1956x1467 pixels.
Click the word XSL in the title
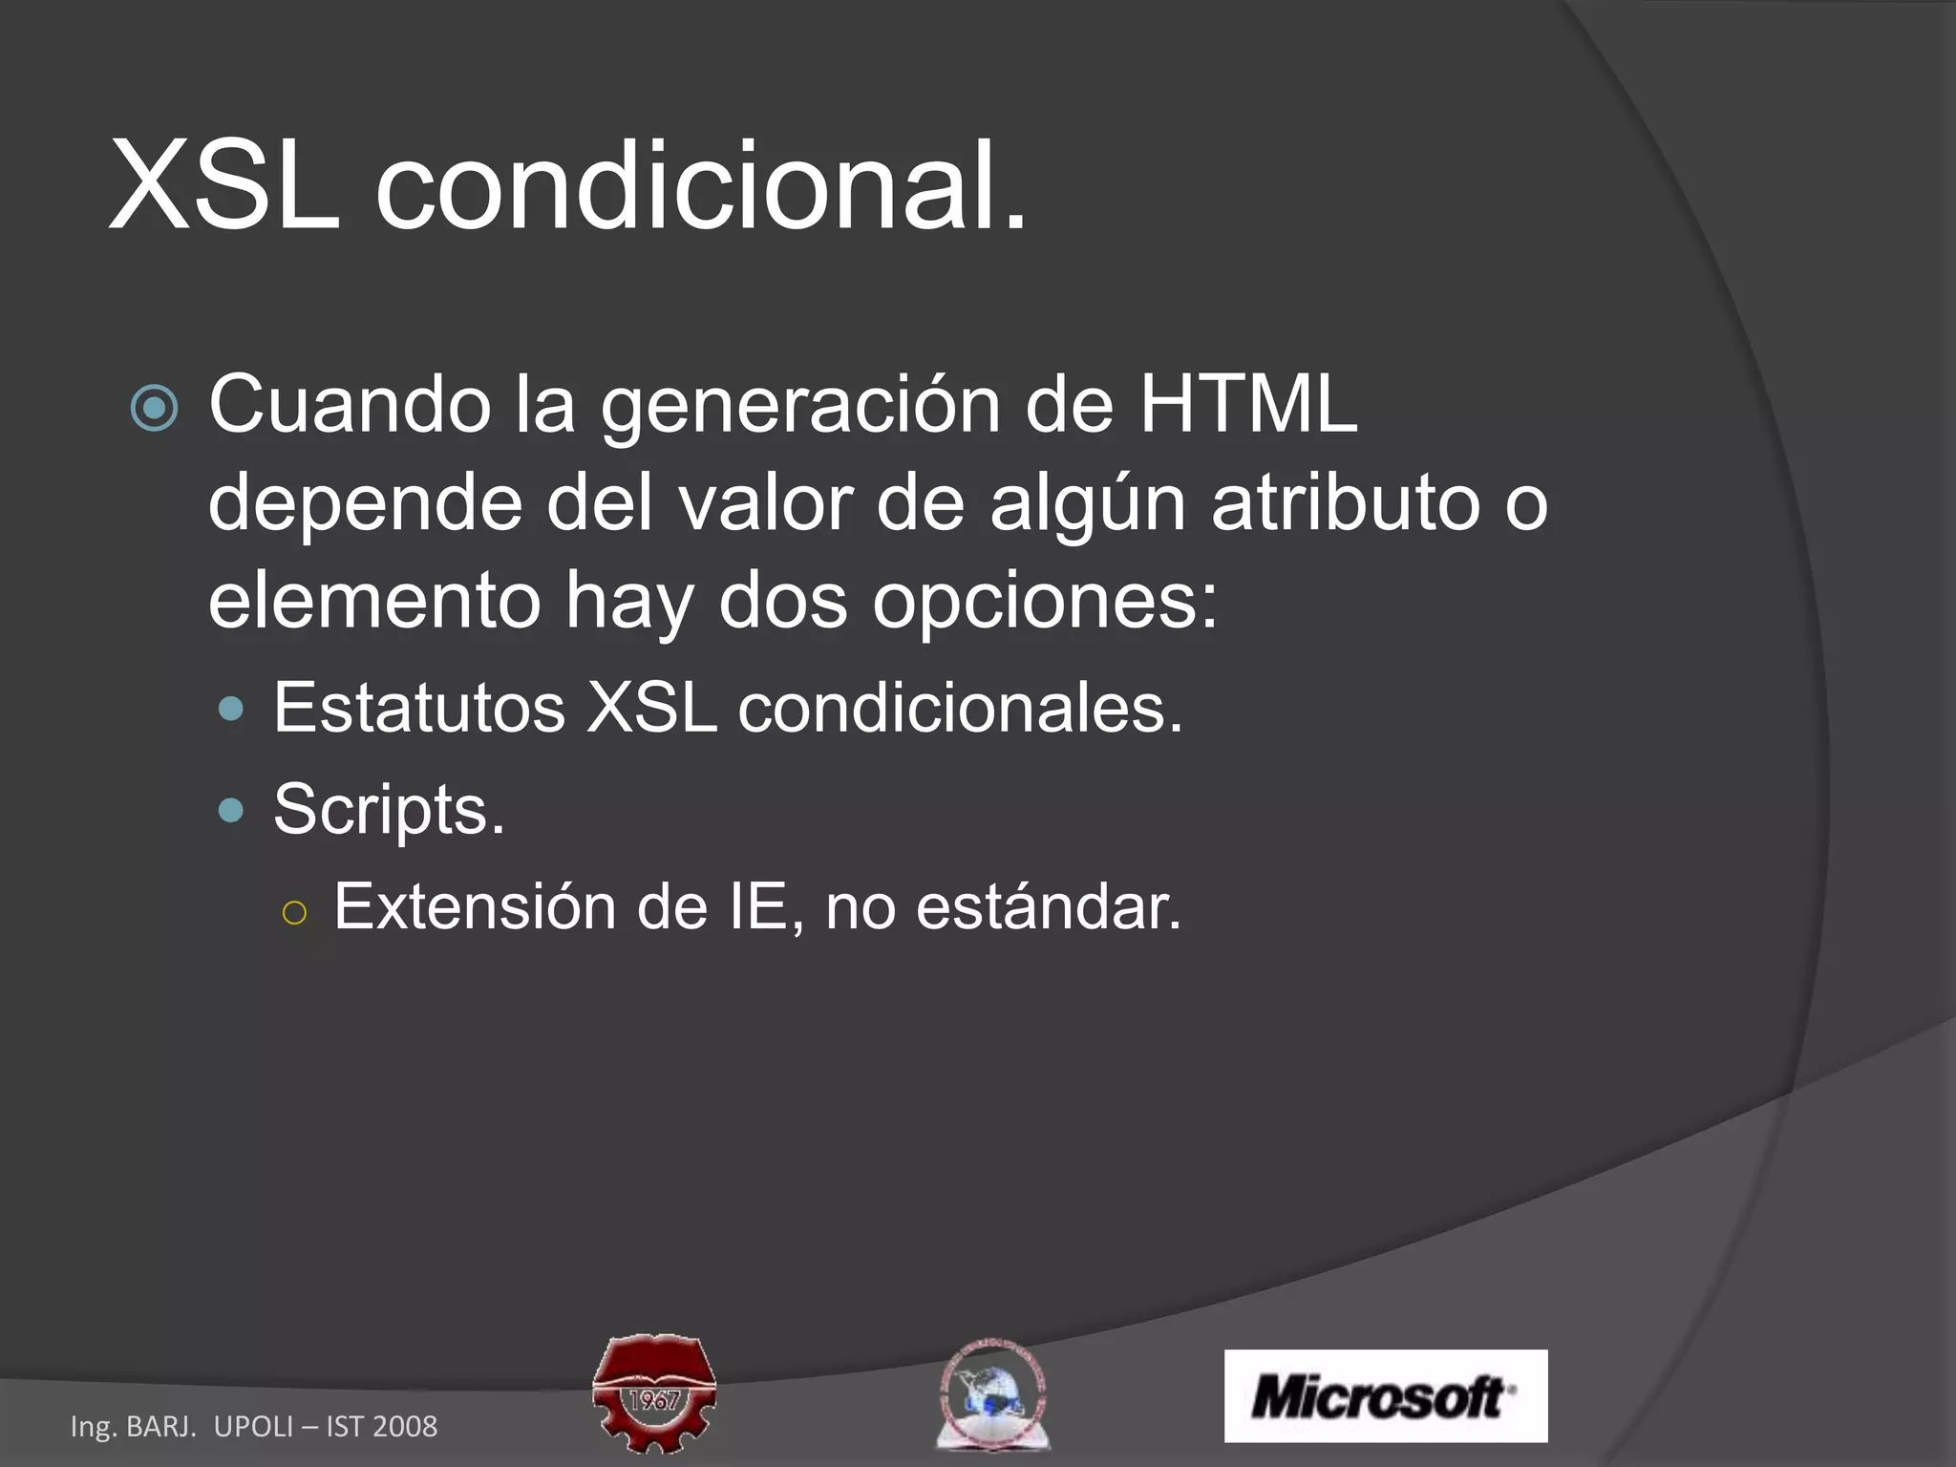click(x=225, y=185)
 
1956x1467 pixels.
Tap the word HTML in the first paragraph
click(x=1247, y=405)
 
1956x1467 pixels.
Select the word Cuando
click(x=350, y=405)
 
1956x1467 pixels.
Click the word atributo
click(x=1345, y=502)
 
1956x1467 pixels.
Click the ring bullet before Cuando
click(x=154, y=409)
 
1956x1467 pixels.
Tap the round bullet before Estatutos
click(x=231, y=709)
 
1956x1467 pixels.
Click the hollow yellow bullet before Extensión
click(x=295, y=913)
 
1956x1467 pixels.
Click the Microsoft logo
click(x=1385, y=1395)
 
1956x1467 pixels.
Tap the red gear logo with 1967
click(x=654, y=1393)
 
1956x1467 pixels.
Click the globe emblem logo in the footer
click(x=992, y=1394)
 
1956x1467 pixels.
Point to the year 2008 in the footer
click(x=405, y=1426)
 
